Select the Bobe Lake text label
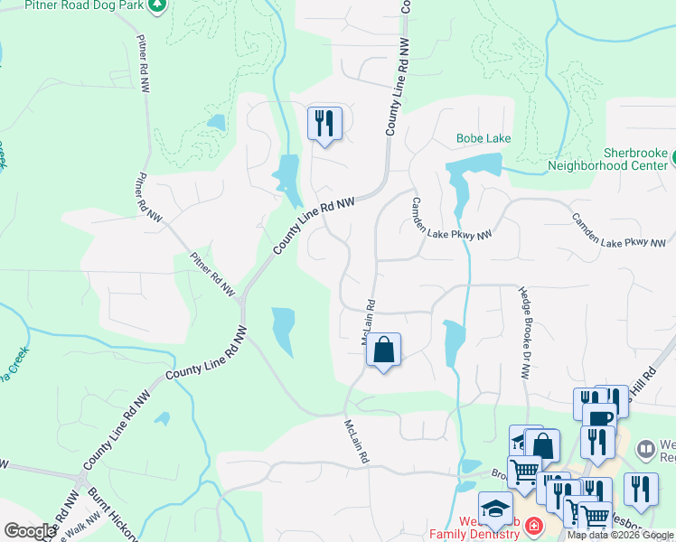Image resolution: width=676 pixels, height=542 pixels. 483,138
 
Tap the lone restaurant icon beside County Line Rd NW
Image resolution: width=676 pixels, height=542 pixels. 324,123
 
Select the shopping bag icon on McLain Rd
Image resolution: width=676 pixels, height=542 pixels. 383,350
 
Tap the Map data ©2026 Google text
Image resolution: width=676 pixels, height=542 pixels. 621,535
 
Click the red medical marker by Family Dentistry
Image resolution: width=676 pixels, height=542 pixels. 534,525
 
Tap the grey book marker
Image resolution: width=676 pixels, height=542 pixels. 645,448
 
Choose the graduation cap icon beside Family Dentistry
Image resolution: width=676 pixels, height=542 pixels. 494,508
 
